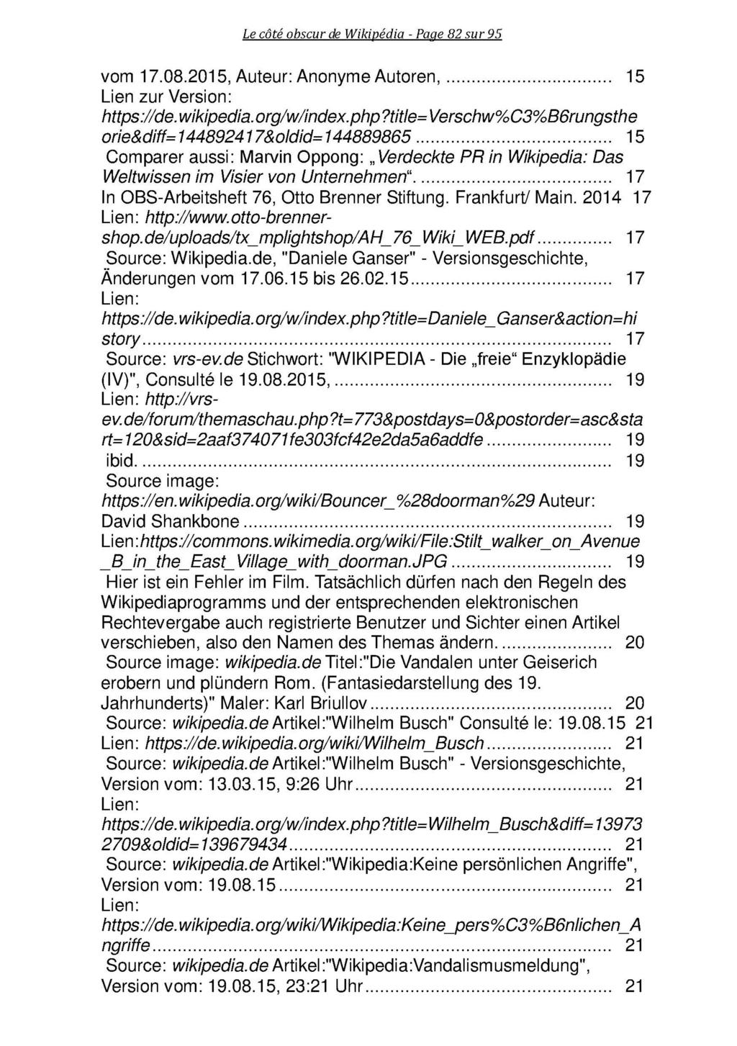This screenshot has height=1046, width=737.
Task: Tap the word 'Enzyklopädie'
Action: coord(573,358)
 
